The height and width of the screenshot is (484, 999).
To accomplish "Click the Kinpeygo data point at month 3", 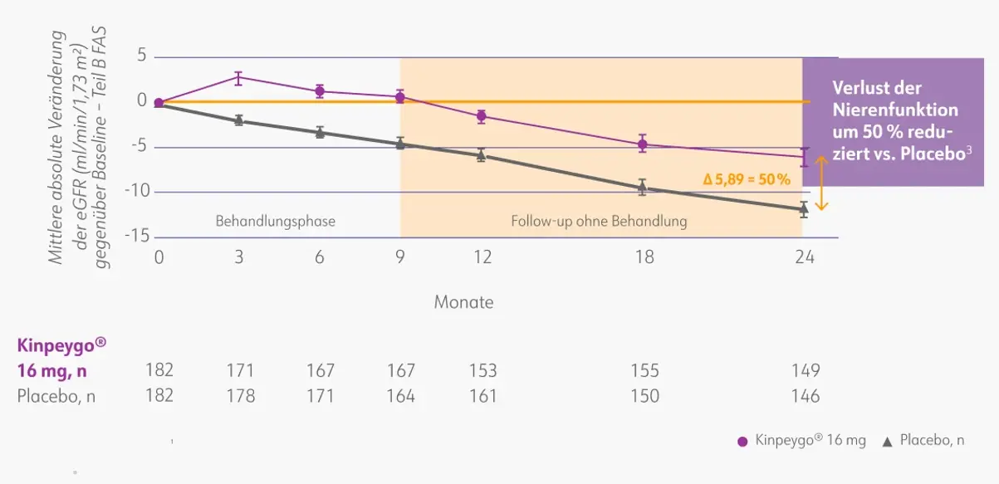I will [238, 78].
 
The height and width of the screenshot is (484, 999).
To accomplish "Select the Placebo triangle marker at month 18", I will [642, 187].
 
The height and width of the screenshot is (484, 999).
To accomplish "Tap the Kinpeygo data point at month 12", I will [481, 116].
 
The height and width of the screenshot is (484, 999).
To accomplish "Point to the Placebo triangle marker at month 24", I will [803, 208].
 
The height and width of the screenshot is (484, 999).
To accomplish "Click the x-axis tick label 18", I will [644, 257].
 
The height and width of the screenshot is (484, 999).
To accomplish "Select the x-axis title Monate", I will [463, 302].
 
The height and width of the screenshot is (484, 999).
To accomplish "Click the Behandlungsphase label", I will [275, 222].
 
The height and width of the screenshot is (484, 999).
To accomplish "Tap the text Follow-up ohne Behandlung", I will [599, 222].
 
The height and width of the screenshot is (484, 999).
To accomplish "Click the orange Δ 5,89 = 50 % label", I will [747, 178].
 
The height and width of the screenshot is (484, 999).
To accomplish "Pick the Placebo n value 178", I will [240, 396].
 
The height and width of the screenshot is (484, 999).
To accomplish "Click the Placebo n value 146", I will [804, 396].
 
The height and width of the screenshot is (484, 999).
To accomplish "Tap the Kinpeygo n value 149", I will [805, 371].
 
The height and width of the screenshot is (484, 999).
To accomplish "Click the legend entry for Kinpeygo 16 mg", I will [801, 441].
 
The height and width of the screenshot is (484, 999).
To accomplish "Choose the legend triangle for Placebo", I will [887, 442].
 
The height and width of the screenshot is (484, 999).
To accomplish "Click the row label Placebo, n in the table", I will [56, 396].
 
